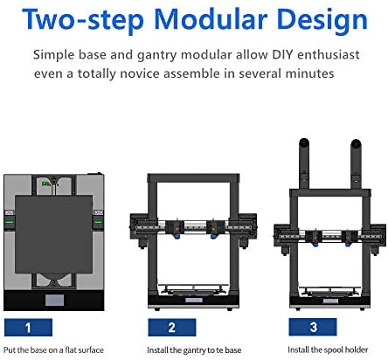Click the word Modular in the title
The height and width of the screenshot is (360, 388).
pyautogui.click(x=211, y=19)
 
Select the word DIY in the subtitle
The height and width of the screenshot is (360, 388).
pyautogui.click(x=282, y=54)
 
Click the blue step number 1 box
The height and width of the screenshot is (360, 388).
pyautogui.click(x=28, y=328)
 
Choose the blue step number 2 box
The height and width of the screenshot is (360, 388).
pyautogui.click(x=172, y=328)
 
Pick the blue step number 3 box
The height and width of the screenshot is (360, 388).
pyautogui.click(x=313, y=327)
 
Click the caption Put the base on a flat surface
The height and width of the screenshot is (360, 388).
pyautogui.click(x=53, y=350)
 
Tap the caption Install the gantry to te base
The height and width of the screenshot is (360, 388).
pyautogui.click(x=194, y=350)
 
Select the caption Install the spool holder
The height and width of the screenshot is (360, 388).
pyautogui.click(x=328, y=350)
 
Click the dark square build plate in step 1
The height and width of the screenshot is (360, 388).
pyautogui.click(x=53, y=234)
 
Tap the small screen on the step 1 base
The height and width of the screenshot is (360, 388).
pyautogui.click(x=54, y=301)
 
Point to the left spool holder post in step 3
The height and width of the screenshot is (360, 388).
pyautogui.click(x=304, y=163)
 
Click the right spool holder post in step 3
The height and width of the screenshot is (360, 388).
pyautogui.click(x=356, y=163)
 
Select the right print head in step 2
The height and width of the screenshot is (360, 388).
pyautogui.click(x=215, y=229)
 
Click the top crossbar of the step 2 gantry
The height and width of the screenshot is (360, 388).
pyautogui.click(x=193, y=178)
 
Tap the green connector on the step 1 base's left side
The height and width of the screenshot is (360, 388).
pyautogui.click(x=10, y=222)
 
